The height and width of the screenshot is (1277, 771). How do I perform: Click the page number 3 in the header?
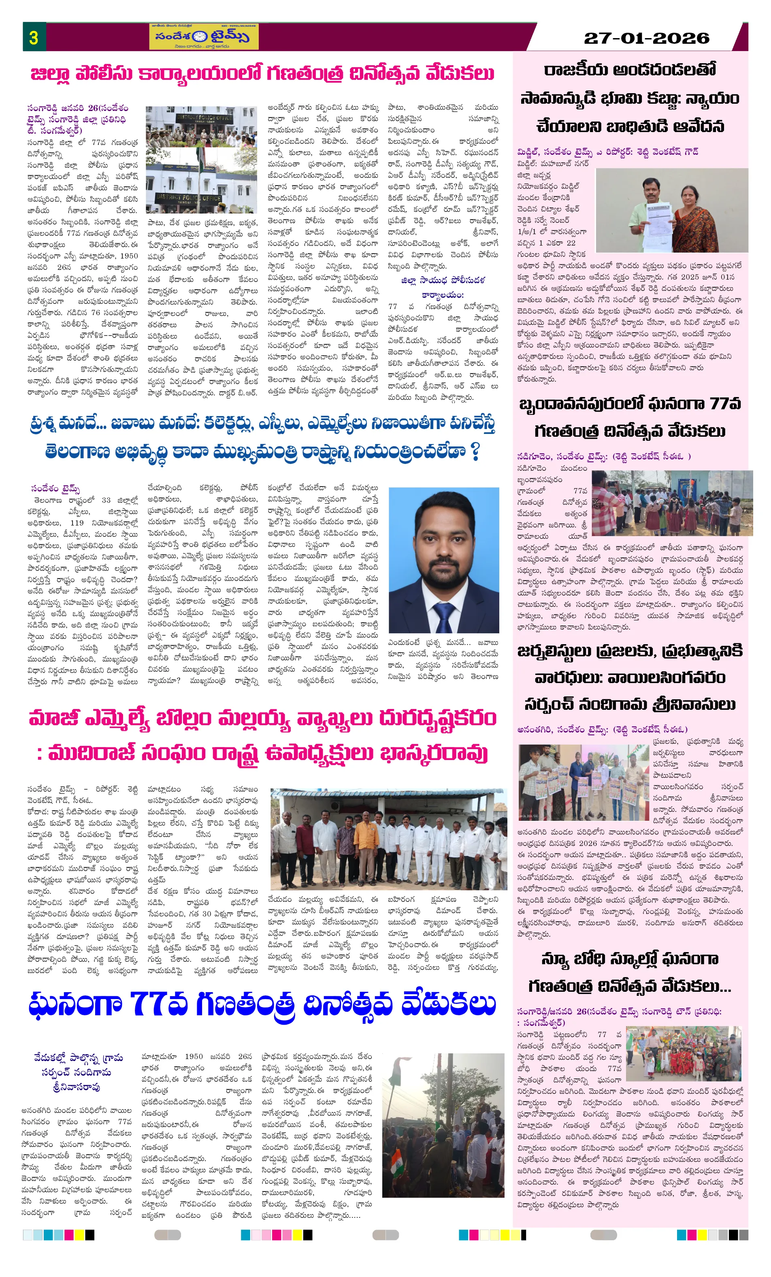click(x=34, y=37)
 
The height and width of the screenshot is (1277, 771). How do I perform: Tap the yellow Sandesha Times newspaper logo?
click(x=204, y=37)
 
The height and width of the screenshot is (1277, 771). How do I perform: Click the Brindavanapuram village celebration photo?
click(x=672, y=503)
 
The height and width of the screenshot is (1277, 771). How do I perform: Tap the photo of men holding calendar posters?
click(x=584, y=783)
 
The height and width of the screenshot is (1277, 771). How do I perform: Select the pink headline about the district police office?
click(x=262, y=74)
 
